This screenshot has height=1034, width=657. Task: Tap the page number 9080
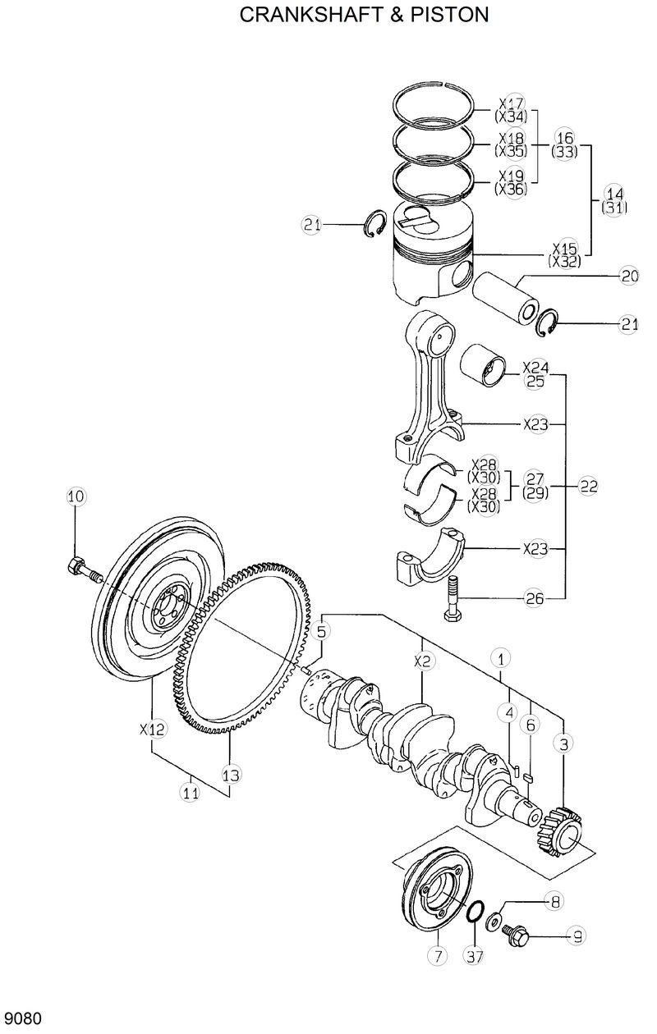(x=22, y=1019)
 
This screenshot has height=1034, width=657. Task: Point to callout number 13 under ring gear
(x=231, y=774)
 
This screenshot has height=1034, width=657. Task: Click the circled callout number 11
(x=190, y=792)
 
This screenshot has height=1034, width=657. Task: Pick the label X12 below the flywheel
(x=153, y=728)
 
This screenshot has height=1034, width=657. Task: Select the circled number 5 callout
(x=321, y=630)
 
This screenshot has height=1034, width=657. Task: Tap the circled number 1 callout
(x=501, y=657)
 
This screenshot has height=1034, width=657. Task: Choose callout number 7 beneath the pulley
(x=437, y=955)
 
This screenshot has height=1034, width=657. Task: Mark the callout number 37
(x=474, y=955)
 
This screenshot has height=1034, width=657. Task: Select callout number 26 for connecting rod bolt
(x=535, y=598)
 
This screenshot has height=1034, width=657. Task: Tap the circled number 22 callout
(x=588, y=486)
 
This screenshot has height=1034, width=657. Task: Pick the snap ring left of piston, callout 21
(x=376, y=224)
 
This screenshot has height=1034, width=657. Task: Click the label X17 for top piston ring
(x=511, y=104)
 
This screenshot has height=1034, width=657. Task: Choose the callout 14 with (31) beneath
(x=614, y=194)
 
